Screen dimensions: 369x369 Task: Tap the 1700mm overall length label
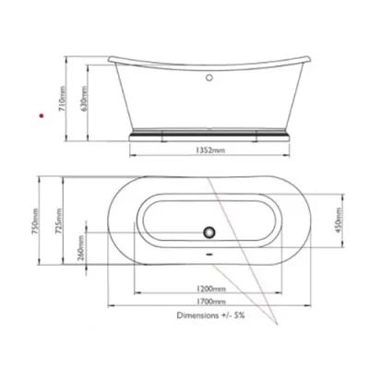point(212,302)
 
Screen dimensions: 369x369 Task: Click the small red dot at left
point(40,114)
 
